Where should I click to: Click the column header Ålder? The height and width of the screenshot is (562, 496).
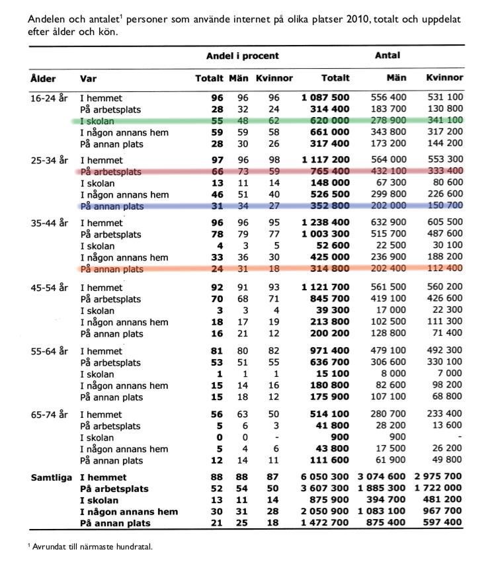point(42,79)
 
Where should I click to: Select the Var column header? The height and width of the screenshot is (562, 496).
point(88,79)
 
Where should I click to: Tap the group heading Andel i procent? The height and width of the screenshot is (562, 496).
point(242,56)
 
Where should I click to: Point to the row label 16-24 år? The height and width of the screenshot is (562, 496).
point(49,98)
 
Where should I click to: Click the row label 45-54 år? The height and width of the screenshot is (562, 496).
point(49,288)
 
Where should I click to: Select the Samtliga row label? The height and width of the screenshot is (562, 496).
point(52,477)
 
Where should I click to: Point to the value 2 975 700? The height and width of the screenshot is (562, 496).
point(438,477)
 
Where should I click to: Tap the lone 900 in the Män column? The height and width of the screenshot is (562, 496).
point(398,438)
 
